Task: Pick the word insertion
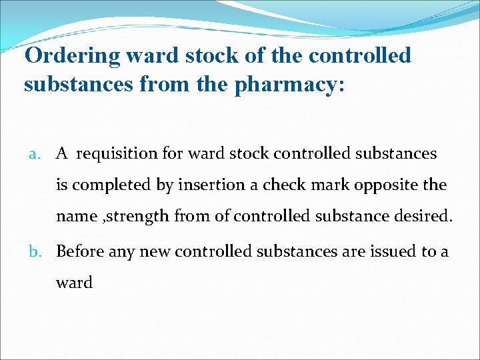(209, 185)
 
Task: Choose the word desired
(420, 217)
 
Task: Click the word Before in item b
(80, 251)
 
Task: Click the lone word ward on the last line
(74, 282)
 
